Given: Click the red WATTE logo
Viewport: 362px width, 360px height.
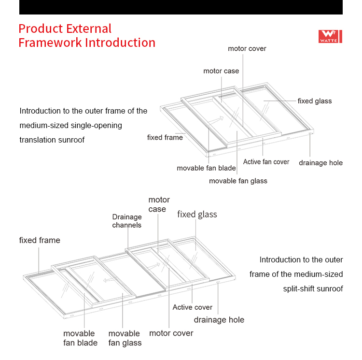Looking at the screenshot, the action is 330,37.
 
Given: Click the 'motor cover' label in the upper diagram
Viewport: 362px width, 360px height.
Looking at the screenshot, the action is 247,49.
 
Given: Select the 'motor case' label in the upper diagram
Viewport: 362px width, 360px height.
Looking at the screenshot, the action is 221,71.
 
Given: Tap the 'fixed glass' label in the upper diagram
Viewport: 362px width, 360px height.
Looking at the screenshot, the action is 315,101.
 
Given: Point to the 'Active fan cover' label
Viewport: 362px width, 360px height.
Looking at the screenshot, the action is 266,162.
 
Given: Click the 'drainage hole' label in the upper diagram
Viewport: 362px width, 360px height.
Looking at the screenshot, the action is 320,163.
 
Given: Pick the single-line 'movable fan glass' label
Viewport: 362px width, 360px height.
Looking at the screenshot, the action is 238,181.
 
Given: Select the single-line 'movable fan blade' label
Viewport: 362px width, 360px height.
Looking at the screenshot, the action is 206,168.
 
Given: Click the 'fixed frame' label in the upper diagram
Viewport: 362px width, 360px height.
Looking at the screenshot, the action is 165,138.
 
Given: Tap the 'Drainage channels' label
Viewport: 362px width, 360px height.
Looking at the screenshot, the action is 127,221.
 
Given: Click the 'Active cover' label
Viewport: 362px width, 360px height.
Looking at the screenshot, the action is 192,307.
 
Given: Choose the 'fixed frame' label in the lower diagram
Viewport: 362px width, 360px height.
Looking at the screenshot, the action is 40,240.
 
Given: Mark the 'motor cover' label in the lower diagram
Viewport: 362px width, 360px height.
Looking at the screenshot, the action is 171,333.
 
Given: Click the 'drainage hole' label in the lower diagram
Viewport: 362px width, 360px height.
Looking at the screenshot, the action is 219,320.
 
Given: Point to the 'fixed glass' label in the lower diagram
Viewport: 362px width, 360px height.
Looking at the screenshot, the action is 197,215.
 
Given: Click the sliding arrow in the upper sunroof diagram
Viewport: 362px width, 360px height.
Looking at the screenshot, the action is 216,120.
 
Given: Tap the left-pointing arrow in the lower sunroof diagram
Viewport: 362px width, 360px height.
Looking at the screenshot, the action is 109,280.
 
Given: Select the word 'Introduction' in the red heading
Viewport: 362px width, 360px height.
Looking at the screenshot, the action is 120,43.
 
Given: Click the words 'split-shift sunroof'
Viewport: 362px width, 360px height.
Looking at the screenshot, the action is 313,289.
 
